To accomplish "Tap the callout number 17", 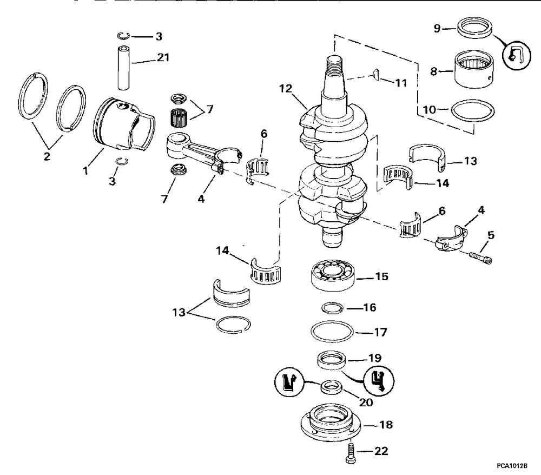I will pos(381,332).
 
